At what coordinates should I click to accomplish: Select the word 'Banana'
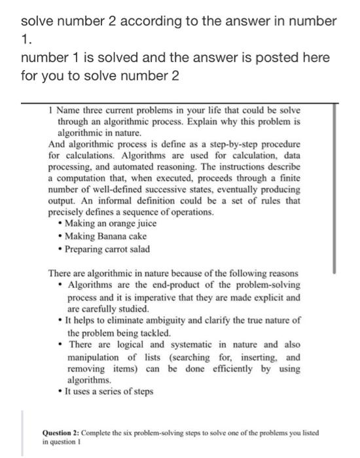coord(115,236)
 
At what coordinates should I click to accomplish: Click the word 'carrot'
coord(122,249)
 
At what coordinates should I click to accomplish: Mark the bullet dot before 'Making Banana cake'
coord(60,236)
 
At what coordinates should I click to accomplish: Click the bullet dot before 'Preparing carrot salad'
coord(60,249)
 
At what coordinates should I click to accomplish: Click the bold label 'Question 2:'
coord(63,434)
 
